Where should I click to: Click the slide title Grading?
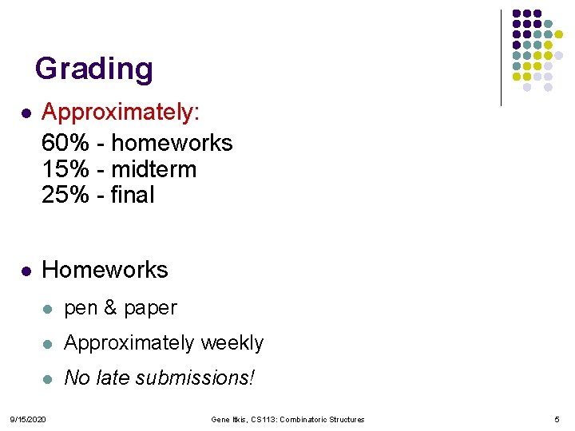click(93, 69)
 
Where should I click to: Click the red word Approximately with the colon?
click(121, 113)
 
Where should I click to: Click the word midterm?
click(153, 169)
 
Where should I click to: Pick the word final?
click(133, 195)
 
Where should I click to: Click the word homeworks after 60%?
click(172, 143)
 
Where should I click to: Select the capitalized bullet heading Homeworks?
click(105, 270)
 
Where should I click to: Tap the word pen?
click(80, 309)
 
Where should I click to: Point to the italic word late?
click(115, 378)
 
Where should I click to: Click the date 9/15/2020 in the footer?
click(27, 420)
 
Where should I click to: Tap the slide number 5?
click(556, 420)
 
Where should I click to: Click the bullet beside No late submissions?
click(49, 378)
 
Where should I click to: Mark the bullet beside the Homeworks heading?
click(26, 271)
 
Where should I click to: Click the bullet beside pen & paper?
click(49, 308)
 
